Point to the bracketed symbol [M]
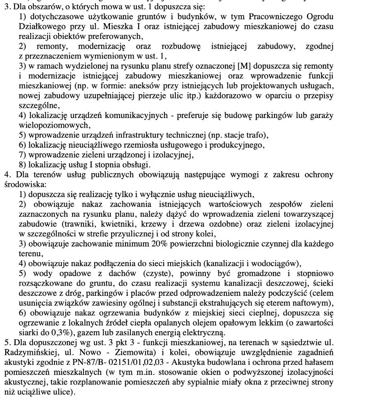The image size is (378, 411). pyautogui.click(x=245, y=65)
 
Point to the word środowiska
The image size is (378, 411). pyautogui.click(x=25, y=185)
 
